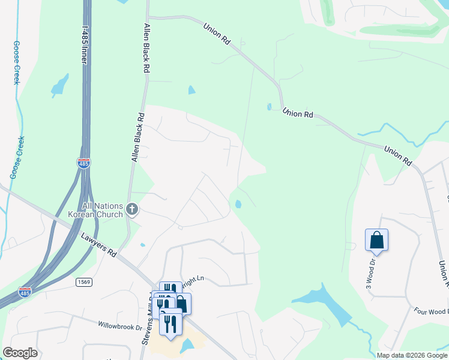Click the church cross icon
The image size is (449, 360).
(133, 209)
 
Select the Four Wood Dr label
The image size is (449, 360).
(431, 311)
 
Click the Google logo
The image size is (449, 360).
(20, 353)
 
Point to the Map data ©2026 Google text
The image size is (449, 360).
(412, 355)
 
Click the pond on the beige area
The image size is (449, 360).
(186, 346)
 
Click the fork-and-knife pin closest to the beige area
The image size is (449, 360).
(171, 325)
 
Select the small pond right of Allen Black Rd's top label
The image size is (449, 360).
(191, 90)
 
